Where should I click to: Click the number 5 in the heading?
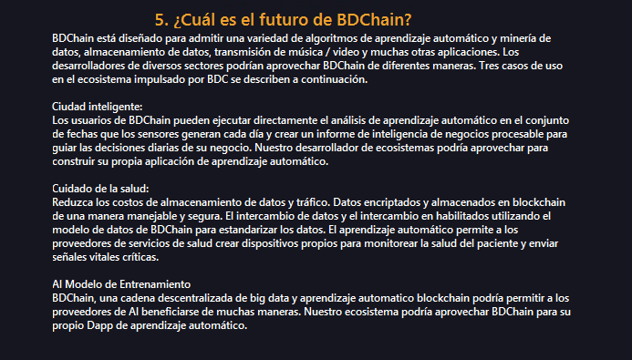click(x=160, y=20)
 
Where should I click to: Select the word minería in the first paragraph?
click(x=518, y=38)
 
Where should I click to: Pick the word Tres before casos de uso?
click(x=488, y=66)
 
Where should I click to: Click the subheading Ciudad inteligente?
click(x=98, y=107)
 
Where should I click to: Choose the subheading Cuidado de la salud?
click(x=100, y=189)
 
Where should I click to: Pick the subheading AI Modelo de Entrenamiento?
click(x=121, y=284)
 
